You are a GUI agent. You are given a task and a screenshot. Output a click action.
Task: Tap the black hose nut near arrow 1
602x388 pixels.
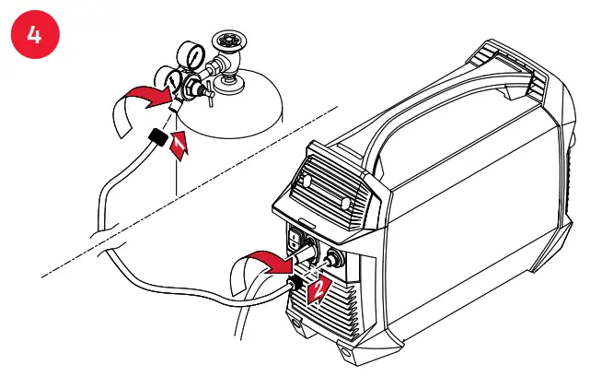(x=156, y=141)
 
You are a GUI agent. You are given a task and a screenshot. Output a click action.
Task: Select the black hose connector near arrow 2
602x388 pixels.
(x=293, y=279)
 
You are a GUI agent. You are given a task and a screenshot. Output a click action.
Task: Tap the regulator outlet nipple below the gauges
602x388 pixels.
(x=178, y=109)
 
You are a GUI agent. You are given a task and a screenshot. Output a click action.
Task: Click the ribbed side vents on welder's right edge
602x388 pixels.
(x=575, y=184)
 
